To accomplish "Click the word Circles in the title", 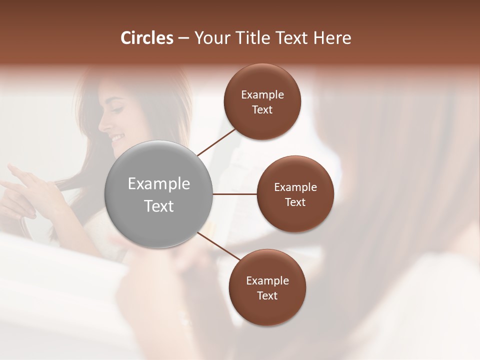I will [x=146, y=38].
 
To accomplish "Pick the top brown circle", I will [x=262, y=80].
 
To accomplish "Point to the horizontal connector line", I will [x=234, y=194].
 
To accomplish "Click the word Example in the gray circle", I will [x=159, y=184].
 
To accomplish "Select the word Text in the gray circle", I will [x=159, y=206].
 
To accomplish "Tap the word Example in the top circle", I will [x=262, y=94].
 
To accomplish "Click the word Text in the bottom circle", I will [x=267, y=295].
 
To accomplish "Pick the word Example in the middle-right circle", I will [x=295, y=187].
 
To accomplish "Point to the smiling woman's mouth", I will [x=116, y=137].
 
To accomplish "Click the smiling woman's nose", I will [x=105, y=123].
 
